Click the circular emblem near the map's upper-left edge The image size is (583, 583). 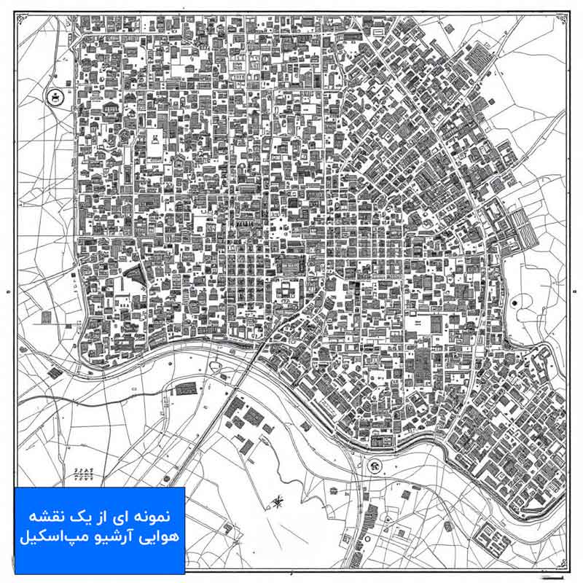coord(54,97)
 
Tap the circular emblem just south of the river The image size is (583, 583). coord(375,466)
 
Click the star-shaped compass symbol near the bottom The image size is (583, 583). coord(277,501)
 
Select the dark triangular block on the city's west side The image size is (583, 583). coord(133,276)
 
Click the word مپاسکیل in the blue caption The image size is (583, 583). coord(49,540)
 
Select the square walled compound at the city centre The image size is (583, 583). coord(286,291)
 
